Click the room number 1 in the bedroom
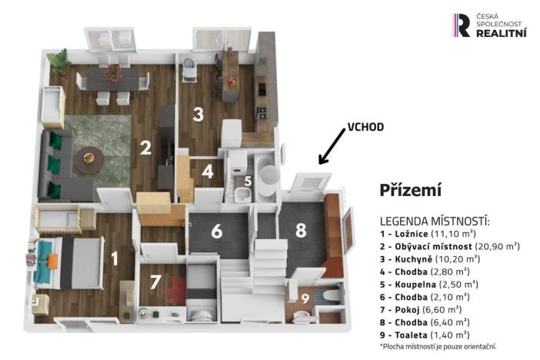point(115,258)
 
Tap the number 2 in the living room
point(144,146)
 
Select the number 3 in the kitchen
point(198,115)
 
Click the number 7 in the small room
point(155,281)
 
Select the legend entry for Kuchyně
point(431,258)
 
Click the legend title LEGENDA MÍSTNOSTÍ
point(435,222)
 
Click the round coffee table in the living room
point(90,157)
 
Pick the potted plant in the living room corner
point(59,60)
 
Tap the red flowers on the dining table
point(113,73)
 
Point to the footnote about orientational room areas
point(438,348)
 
